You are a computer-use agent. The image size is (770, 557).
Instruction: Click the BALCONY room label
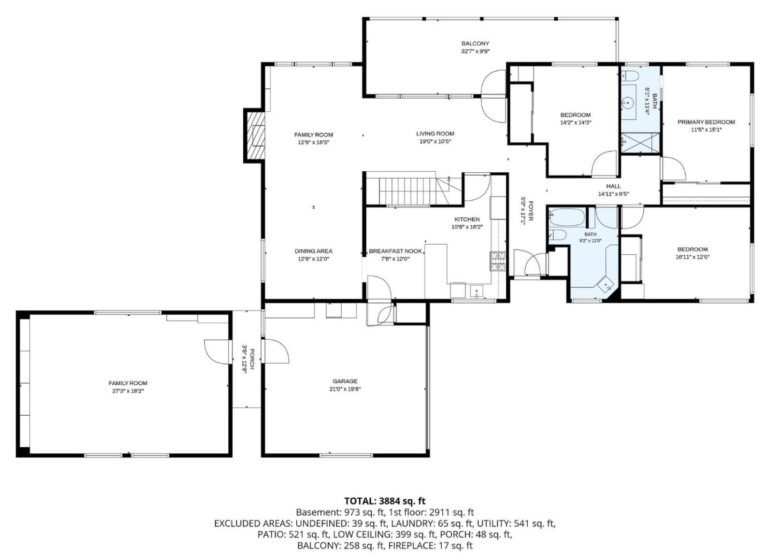pos(475,44)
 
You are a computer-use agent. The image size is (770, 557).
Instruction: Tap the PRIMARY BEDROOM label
pos(706,122)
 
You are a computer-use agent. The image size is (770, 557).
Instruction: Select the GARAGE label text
pos(345,381)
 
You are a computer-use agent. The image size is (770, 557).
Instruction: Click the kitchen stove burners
pos(498,261)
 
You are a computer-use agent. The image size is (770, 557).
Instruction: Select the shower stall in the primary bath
pos(641,143)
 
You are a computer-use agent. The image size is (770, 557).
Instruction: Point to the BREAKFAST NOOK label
pos(395,251)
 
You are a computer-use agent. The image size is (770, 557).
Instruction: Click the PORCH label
pos(252,359)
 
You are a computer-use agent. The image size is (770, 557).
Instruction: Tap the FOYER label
pos(531,211)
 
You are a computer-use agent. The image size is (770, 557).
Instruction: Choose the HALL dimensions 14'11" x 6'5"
pos(614,194)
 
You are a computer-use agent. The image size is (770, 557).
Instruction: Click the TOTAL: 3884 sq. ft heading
pos(384,501)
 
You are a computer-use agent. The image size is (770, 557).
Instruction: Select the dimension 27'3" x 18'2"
pos(128,391)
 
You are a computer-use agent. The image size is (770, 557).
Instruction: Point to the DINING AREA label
pos(313,251)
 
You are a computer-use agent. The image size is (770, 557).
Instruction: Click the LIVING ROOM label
pos(435,134)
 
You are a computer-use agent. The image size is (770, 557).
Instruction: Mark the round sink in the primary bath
pos(629,102)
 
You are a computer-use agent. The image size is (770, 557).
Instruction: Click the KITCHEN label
pos(467,219)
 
